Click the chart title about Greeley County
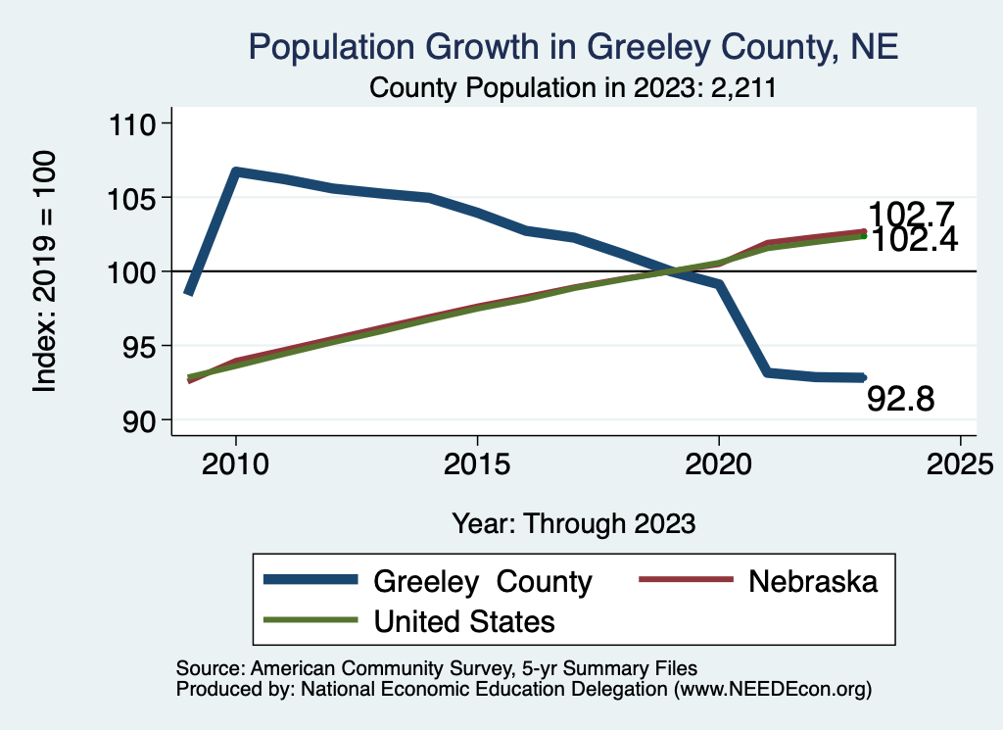coord(573,46)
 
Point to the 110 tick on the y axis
coord(136,124)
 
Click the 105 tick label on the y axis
coord(136,198)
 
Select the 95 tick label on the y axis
coord(142,346)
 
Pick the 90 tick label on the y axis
coord(142,420)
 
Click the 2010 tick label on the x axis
coord(235,463)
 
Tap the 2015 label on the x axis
coord(477,463)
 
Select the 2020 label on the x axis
coord(719,463)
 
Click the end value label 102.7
coord(912,215)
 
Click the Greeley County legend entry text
coord(483,582)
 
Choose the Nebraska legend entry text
coord(813,581)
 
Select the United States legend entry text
coord(464,621)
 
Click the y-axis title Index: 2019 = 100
coord(45,272)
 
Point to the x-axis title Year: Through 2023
coord(574,523)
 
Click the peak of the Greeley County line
coord(235,171)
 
